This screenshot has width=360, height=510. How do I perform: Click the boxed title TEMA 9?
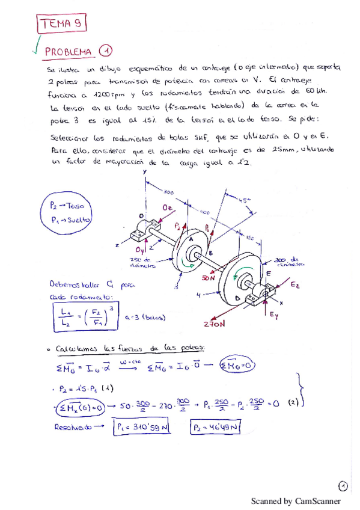[63, 23]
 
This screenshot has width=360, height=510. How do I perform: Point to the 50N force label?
[209, 278]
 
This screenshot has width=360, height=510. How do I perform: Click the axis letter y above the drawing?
[145, 172]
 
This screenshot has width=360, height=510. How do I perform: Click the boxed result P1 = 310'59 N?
[145, 428]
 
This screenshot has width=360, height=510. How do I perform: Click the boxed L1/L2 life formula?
[86, 315]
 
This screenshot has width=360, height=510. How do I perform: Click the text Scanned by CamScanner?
[295, 501]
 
